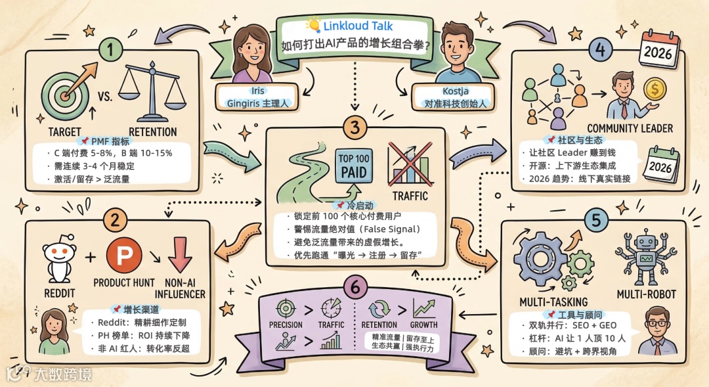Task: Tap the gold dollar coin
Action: pyautogui.click(x=654, y=89)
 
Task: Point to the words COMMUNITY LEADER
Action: pyautogui.click(x=630, y=128)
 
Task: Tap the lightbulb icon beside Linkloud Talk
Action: pyautogui.click(x=313, y=26)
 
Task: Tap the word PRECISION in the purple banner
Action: pyautogui.click(x=286, y=325)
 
